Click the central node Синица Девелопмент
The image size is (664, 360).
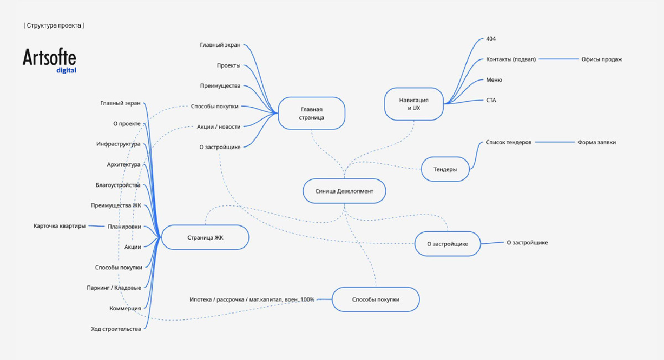(x=344, y=191)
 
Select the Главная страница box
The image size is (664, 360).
(x=312, y=113)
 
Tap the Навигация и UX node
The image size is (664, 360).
(x=414, y=104)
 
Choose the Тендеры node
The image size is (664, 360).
(x=445, y=169)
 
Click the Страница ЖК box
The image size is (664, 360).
(x=205, y=237)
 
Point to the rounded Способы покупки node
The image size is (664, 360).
(x=376, y=299)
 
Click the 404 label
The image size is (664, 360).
(x=491, y=39)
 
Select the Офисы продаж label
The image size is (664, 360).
(x=601, y=59)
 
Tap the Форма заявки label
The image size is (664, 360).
(x=596, y=142)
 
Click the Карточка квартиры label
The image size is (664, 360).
(x=60, y=226)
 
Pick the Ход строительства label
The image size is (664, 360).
(x=116, y=329)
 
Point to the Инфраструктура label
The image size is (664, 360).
(x=118, y=144)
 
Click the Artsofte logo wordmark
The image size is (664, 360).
(x=49, y=58)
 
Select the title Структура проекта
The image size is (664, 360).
(x=54, y=25)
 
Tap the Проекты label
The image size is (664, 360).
(x=229, y=65)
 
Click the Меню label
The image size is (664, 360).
(x=494, y=80)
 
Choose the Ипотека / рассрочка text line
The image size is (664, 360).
(x=252, y=300)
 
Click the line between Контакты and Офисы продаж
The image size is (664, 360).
(x=558, y=59)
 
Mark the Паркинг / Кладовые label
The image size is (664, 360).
(x=114, y=288)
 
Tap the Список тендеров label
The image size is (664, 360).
(x=509, y=142)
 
